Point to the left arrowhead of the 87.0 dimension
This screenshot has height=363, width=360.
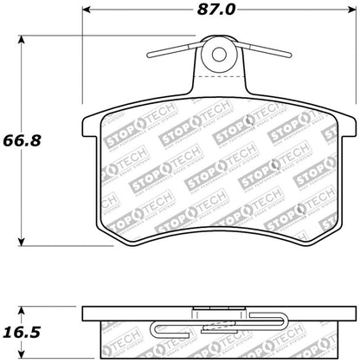coord(87,12)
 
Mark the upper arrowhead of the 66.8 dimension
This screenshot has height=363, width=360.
coord(22,37)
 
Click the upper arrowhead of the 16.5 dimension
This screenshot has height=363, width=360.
coord(22,309)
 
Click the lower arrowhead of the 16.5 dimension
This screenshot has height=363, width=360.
coord(22,354)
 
